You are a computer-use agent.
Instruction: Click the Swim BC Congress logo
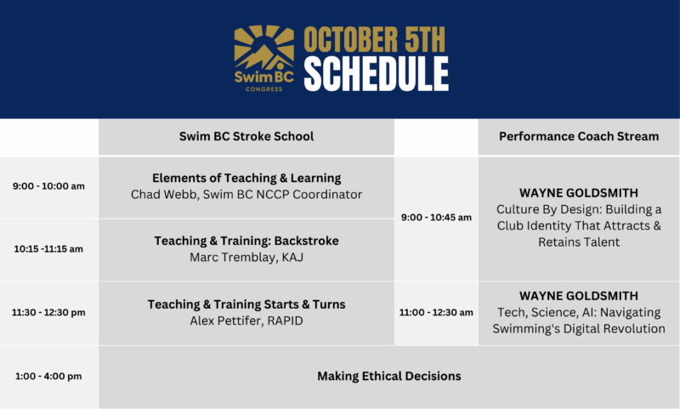[x=263, y=58]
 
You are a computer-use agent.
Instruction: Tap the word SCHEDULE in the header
[x=376, y=74]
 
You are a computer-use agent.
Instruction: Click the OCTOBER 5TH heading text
[x=374, y=39]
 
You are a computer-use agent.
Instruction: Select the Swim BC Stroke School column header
[x=246, y=136]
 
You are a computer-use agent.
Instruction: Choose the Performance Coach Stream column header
[x=579, y=136]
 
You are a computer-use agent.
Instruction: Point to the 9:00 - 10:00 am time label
[x=48, y=186]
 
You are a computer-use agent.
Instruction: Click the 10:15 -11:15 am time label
[x=48, y=249]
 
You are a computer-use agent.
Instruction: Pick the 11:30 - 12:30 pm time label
[x=48, y=312]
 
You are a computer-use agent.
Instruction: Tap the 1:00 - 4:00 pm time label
[x=48, y=376]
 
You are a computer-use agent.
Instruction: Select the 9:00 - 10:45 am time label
[x=436, y=218]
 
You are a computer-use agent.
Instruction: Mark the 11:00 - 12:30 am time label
[x=436, y=312]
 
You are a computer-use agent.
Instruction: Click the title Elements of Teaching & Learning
[x=246, y=178]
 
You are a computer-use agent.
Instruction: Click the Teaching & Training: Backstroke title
[x=246, y=241]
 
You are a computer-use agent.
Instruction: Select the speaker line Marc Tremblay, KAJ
[x=246, y=257]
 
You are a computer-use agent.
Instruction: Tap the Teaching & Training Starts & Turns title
[x=246, y=304]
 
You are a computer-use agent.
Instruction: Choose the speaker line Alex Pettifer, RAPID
[x=246, y=321]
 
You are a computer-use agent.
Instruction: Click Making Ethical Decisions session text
[x=389, y=376]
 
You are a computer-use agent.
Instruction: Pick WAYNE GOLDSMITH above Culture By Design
[x=579, y=193]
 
